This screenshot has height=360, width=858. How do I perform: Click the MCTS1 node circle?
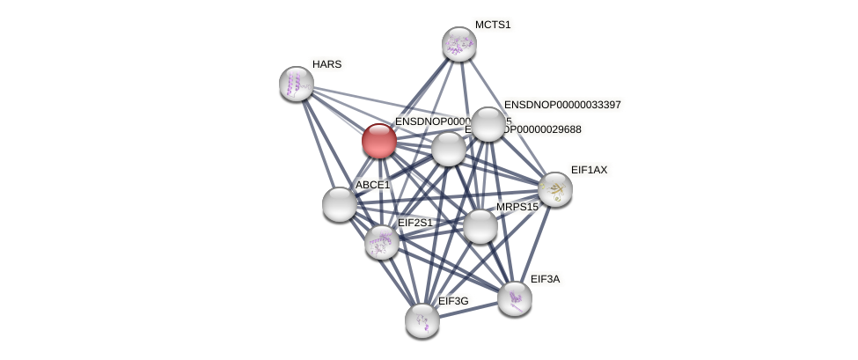[x=458, y=44]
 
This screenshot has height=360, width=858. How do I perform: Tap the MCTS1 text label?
[x=492, y=25]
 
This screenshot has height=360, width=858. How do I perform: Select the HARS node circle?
[x=297, y=84]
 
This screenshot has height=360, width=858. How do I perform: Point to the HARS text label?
[x=326, y=64]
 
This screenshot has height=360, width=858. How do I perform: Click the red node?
[x=379, y=141]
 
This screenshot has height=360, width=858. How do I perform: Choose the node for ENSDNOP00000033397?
[x=488, y=124]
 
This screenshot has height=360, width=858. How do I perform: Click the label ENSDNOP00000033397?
[x=562, y=105]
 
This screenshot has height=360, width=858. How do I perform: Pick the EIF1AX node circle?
[x=555, y=189]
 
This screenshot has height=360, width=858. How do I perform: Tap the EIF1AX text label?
[x=589, y=170]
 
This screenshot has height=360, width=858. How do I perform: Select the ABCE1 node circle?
[x=340, y=204]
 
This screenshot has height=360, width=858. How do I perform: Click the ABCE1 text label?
[x=372, y=185]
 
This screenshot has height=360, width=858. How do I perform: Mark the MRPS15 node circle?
[x=480, y=226]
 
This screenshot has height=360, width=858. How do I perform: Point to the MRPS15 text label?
[x=517, y=207]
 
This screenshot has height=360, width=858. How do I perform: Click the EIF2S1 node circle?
[x=382, y=242]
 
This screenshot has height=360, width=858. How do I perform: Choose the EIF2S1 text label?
[x=415, y=223]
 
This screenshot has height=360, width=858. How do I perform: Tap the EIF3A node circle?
[x=515, y=298]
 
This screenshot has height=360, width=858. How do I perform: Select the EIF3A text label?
[x=545, y=279]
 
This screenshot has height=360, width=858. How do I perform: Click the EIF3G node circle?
[x=422, y=320]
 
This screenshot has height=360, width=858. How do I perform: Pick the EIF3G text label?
[x=453, y=301]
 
